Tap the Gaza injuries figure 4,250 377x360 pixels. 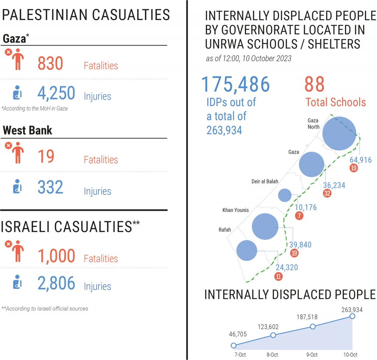[56, 94]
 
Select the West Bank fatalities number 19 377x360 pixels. [46, 156]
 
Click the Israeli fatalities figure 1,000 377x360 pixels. [56, 255]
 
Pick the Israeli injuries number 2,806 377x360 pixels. [56, 283]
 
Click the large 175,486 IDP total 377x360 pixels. [236, 84]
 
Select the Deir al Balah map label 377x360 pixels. [265, 181]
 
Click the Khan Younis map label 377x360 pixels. [236, 210]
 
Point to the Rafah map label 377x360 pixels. [225, 230]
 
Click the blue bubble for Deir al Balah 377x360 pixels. [285, 195]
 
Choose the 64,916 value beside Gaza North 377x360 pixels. [360, 160]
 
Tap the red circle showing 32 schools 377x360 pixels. [327, 193]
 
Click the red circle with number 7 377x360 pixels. [299, 216]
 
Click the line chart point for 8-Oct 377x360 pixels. [273, 335]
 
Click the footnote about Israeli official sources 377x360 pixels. [45, 308]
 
